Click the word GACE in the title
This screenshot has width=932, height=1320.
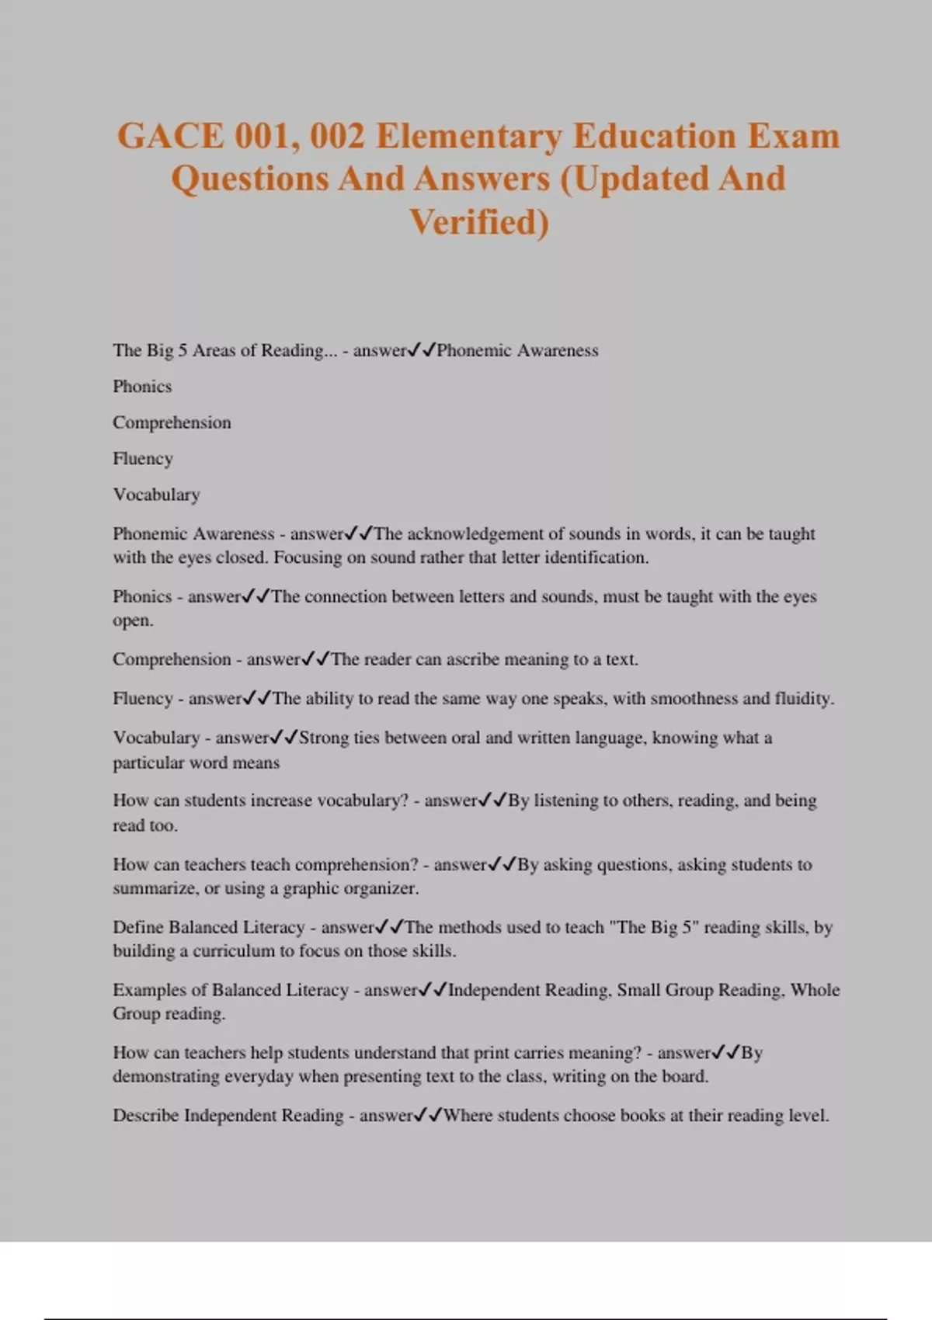coord(170,136)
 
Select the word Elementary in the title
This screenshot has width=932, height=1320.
coord(470,136)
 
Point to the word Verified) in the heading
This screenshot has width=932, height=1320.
coord(478,222)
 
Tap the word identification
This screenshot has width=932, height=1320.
coord(596,558)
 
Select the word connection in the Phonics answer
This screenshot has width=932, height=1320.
coord(342,596)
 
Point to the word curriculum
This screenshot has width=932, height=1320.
coord(234,951)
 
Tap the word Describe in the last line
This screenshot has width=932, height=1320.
coord(145,1116)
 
